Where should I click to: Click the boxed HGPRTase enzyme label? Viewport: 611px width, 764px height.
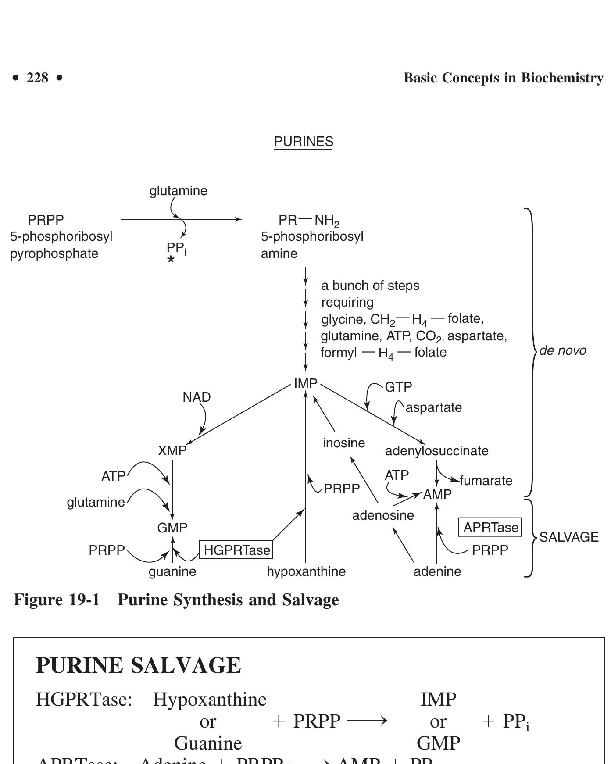point(236,550)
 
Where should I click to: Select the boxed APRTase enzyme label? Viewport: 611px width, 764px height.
point(490,527)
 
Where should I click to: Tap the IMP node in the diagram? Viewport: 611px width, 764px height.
point(305,384)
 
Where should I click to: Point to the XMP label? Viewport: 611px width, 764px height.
point(172,451)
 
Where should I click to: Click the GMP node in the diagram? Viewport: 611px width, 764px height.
point(172,528)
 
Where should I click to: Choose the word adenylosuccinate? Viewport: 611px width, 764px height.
point(436,451)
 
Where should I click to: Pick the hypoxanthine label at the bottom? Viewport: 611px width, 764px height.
point(306,571)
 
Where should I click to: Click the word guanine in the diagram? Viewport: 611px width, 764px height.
point(172,571)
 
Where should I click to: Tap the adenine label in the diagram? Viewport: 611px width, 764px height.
point(437,571)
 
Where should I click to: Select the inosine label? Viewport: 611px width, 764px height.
point(344,443)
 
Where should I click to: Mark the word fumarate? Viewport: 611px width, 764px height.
point(486,481)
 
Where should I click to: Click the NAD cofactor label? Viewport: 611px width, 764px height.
point(197,397)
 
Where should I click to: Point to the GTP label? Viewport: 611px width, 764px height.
point(398,387)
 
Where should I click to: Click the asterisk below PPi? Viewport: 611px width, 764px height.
point(171,261)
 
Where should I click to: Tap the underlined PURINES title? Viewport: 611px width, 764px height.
point(304,142)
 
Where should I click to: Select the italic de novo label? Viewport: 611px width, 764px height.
point(563,351)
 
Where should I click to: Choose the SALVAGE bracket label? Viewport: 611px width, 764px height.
point(569,537)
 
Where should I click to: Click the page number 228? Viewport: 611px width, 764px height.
point(37,78)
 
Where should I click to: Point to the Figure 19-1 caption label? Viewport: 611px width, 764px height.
point(57,600)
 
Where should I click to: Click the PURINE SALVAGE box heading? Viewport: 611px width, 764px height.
point(139,665)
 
